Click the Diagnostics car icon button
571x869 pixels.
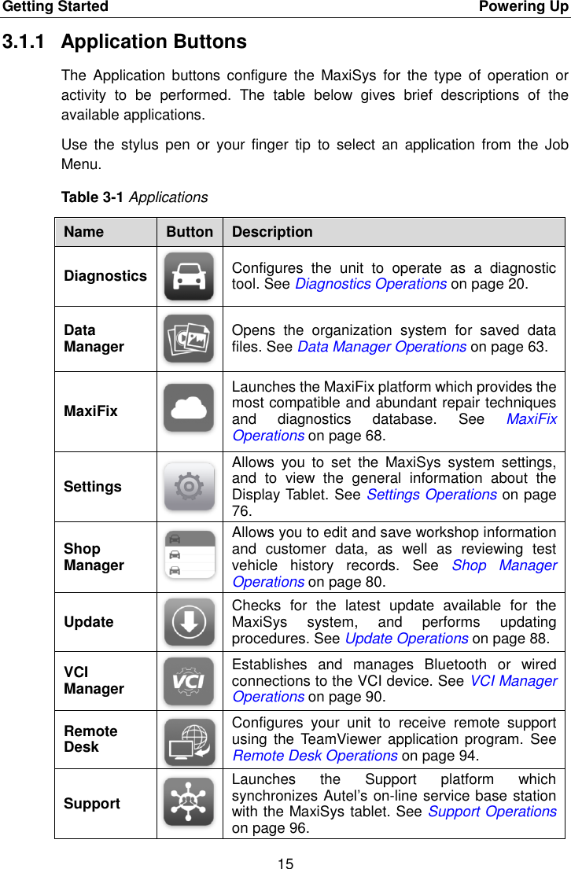coord(189,276)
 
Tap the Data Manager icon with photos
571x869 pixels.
coord(189,338)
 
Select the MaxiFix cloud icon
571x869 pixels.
coord(189,407)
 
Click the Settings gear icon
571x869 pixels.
coord(189,487)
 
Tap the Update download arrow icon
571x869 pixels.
coord(189,621)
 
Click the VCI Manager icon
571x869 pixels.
coord(189,680)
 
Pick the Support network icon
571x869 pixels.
coord(189,802)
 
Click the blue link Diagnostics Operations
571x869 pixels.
coord(370,284)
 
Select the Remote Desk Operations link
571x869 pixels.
coord(315,756)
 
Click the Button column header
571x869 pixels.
coord(189,232)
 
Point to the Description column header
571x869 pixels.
coord(272,232)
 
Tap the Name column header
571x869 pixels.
coord(83,232)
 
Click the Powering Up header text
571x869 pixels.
coord(524,7)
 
